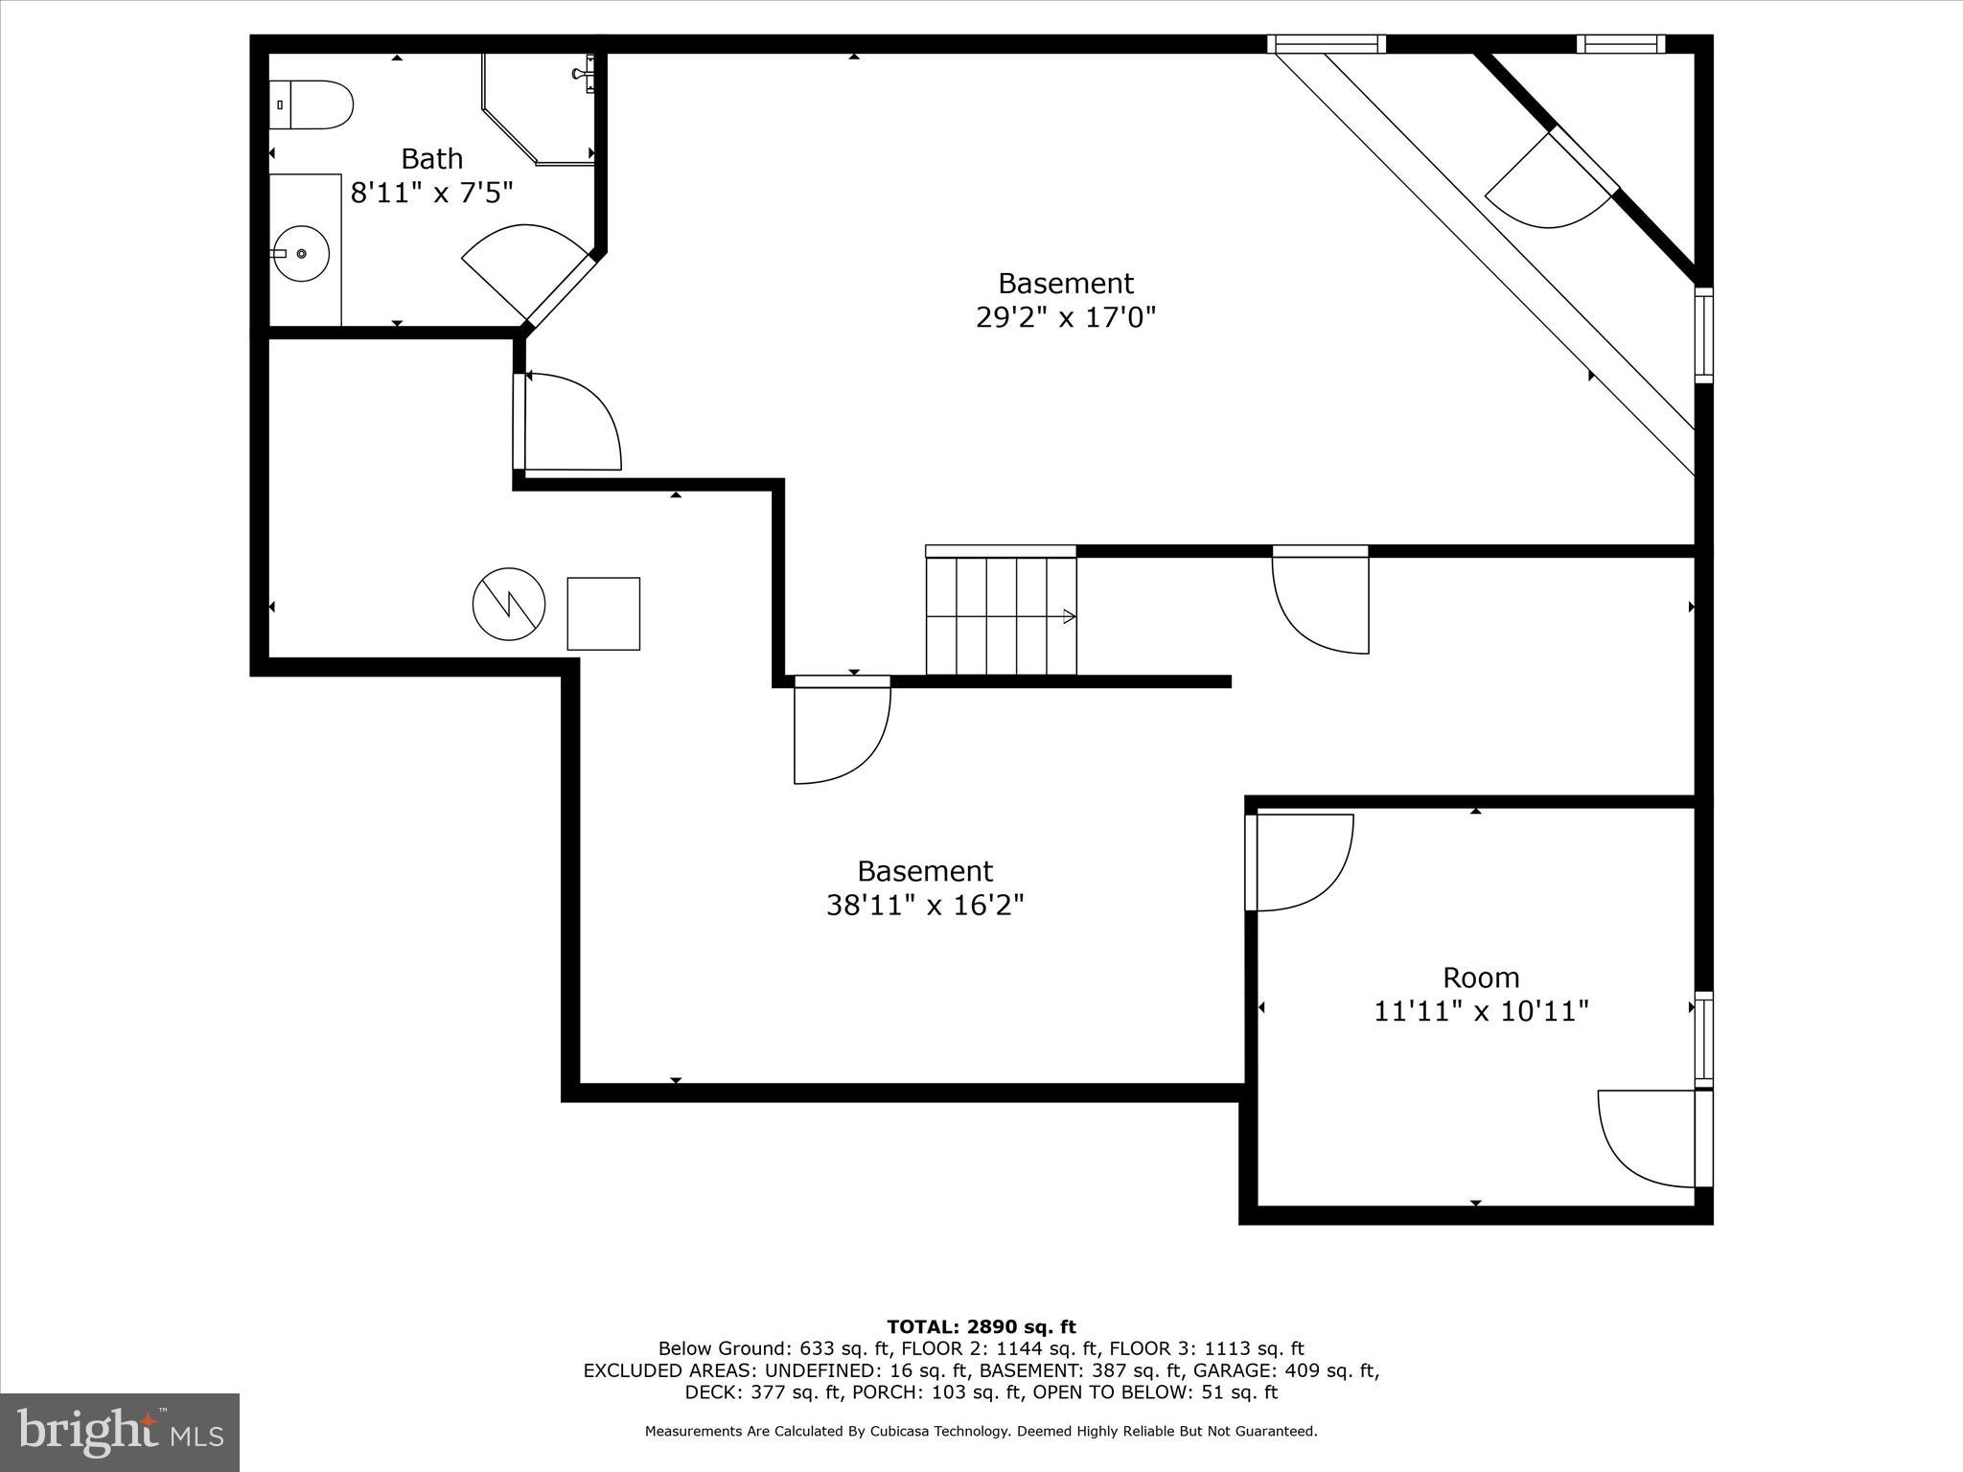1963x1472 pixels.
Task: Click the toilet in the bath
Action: click(x=312, y=104)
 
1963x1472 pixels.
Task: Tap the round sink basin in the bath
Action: click(x=301, y=254)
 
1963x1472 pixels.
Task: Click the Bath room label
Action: click(x=431, y=158)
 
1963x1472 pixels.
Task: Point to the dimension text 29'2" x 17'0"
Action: click(x=1065, y=317)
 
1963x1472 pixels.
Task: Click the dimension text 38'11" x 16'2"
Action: click(x=925, y=905)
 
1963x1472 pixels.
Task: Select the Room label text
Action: click(x=1481, y=977)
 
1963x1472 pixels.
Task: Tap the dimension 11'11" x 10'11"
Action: click(x=1481, y=1011)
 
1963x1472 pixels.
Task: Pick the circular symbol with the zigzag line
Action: click(x=509, y=605)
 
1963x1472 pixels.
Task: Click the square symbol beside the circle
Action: click(x=603, y=613)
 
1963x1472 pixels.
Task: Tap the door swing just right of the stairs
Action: click(x=1320, y=602)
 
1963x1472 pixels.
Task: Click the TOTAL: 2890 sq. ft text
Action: click(x=981, y=1327)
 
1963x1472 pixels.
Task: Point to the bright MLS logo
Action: click(x=120, y=1432)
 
